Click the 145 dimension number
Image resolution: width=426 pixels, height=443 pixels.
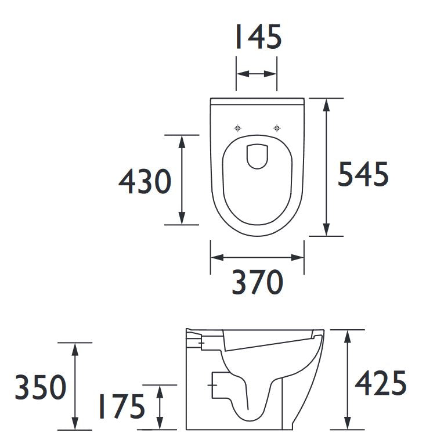tap(258, 37)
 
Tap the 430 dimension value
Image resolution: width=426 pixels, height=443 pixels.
tap(145, 181)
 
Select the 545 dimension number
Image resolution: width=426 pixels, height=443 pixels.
tap(363, 174)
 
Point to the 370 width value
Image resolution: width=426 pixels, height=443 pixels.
tap(257, 282)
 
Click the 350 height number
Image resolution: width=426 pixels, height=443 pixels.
tap(41, 387)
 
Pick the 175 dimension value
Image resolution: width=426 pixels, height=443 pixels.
tap(121, 406)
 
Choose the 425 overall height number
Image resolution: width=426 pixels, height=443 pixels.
tap(381, 383)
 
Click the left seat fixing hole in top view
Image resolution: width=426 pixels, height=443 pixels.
tap(238, 128)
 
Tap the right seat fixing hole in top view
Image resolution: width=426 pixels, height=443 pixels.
tap(277, 128)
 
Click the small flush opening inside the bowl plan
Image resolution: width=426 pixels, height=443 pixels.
tap(257, 157)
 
